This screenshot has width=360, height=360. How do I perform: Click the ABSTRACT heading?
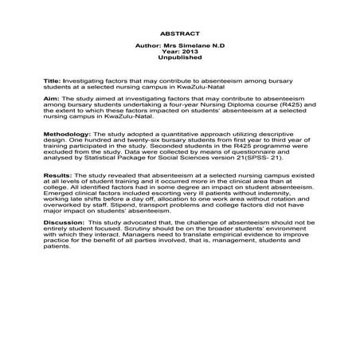pos(180,35)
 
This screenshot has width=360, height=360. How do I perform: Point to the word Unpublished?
pos(180,59)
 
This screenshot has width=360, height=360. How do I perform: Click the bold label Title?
pos(51,82)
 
